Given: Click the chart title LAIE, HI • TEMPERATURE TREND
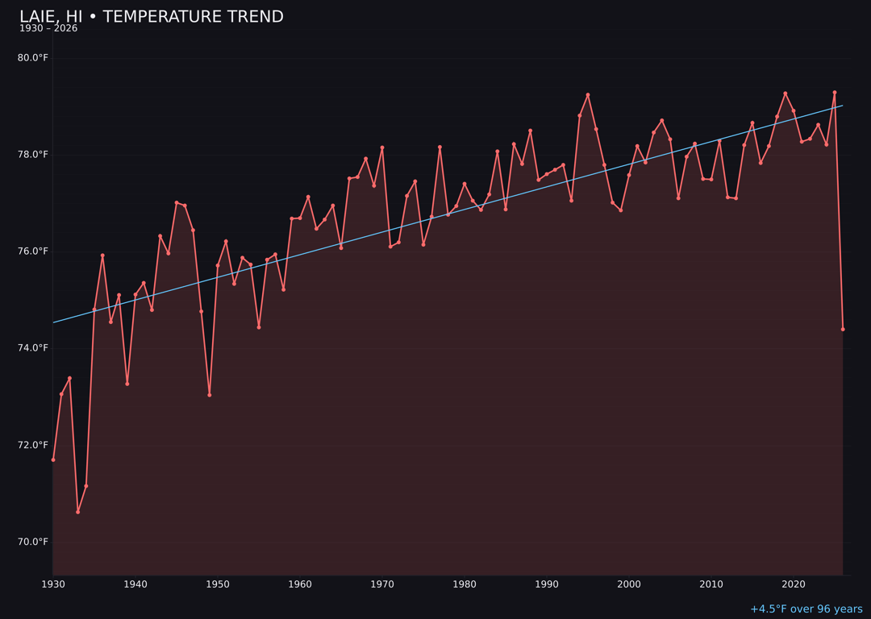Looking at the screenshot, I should coord(152,17).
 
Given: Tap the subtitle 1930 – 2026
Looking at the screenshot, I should coord(48,29).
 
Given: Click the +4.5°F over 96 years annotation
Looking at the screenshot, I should coord(806,609).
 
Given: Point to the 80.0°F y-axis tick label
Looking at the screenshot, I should coord(33,58).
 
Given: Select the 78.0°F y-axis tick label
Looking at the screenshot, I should coord(33,155).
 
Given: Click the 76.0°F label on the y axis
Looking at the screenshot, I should coord(33,251).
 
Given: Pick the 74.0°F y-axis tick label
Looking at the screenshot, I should coord(33,348).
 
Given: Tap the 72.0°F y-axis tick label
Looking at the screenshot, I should coord(33,445).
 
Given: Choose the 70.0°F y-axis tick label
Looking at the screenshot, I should coord(33,542).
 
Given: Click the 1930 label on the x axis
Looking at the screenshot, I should coord(53,584).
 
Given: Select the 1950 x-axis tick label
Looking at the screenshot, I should coord(218,584).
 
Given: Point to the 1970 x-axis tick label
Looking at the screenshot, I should coord(382,584).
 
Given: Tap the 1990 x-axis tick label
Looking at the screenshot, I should coord(547,584).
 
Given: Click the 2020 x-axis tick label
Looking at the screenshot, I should coord(794,584).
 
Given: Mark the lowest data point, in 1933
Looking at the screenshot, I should coord(78,512).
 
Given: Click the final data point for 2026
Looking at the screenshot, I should coord(843,329).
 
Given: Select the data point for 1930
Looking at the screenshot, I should coord(53,459).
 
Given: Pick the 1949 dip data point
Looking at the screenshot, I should coord(210,395).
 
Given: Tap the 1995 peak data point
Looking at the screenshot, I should coord(588,95).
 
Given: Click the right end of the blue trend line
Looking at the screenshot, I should coord(842,106).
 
